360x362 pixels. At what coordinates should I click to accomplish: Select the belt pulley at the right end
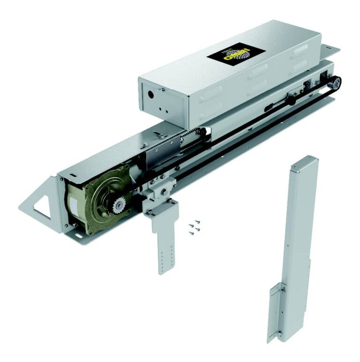(x=334, y=83)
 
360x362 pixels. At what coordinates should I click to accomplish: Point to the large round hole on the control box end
(x=151, y=93)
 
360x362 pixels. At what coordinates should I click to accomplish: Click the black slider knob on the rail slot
(x=291, y=99)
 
